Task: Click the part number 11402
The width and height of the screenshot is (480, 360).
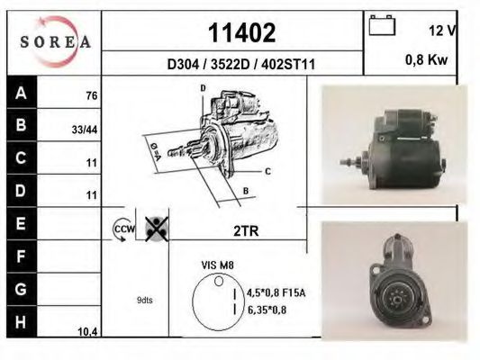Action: (241, 33)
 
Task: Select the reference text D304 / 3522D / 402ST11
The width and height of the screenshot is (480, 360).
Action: (240, 65)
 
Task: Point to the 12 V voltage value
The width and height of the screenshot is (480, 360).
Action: (442, 30)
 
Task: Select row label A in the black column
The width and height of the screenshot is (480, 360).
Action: (20, 93)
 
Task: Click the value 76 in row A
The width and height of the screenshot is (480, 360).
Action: (91, 95)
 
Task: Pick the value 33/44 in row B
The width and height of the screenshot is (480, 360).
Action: (84, 129)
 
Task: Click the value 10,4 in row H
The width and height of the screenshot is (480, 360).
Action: (86, 332)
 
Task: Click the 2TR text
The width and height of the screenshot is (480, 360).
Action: (246, 231)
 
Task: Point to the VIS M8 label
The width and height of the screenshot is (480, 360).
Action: (216, 265)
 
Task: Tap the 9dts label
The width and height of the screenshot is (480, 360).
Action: (144, 300)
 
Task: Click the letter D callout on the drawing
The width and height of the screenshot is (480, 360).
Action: (203, 87)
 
